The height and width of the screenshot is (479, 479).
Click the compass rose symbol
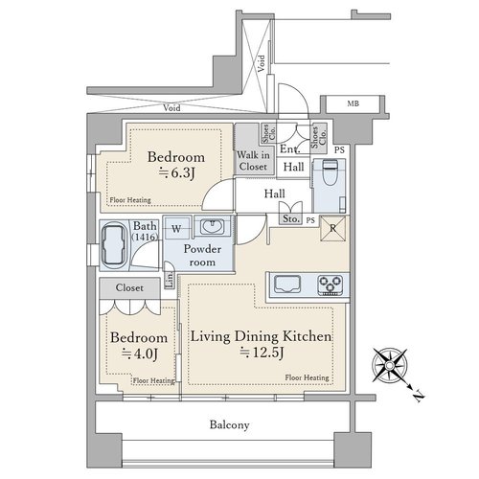[x=390, y=365]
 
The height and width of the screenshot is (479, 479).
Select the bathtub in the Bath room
[x=113, y=244]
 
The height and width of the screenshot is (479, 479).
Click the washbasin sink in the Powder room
[x=212, y=227]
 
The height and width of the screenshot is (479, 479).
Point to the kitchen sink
[x=287, y=285]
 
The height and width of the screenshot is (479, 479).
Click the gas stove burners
[x=331, y=285]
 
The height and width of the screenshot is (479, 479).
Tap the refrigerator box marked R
[x=332, y=228]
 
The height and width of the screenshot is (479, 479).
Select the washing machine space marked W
[x=176, y=227]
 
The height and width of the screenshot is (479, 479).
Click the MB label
[x=353, y=103]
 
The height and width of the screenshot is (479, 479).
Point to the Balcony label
[x=229, y=424]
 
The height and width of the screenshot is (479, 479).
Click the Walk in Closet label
[x=253, y=161]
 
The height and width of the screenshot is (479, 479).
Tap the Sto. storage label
[x=291, y=219]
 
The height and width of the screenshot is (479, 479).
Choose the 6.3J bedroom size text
[x=176, y=172]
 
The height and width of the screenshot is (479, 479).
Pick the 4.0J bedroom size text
[x=139, y=354]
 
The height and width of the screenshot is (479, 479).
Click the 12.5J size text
[x=262, y=353]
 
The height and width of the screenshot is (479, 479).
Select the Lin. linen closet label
[x=170, y=280]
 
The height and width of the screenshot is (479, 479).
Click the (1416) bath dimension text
[x=146, y=237]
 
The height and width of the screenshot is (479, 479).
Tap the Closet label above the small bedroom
[x=129, y=287]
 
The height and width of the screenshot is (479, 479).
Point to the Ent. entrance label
[x=289, y=148]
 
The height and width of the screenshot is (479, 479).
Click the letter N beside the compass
[x=419, y=396]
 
